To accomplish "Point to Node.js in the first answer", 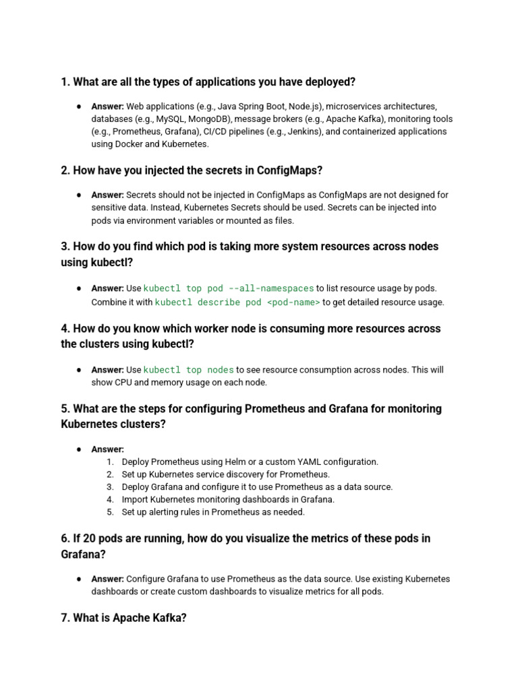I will (305, 106).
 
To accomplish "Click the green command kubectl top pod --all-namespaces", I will (229, 289).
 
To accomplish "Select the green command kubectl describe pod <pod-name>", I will (237, 303).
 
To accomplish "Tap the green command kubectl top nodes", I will (188, 370).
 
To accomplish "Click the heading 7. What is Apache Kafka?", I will (123, 617).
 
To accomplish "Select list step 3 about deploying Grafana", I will (256, 487).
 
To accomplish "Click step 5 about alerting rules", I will (213, 512).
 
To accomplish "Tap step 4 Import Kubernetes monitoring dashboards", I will (228, 499).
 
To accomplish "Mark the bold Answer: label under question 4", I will (107, 370).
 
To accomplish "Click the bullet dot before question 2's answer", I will (79, 195).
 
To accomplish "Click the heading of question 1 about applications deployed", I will (208, 82).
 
